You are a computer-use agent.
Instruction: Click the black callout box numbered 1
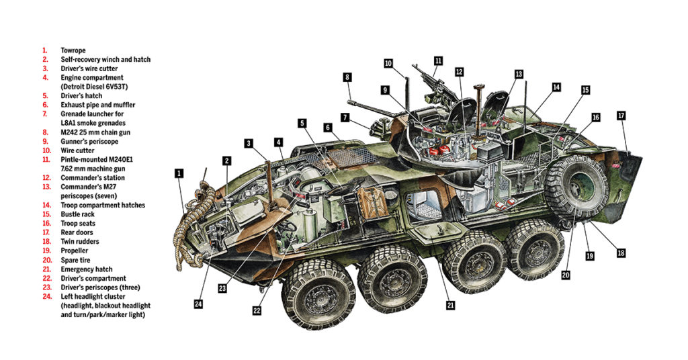coord(179,173)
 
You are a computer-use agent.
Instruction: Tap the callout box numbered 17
coord(621,116)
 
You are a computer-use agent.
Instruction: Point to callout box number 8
coord(347,77)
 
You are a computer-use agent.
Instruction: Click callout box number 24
coord(198,304)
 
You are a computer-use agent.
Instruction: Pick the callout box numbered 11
coord(437,60)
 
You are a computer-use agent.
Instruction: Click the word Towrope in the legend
coord(74,50)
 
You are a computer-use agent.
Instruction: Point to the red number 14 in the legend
coord(45,205)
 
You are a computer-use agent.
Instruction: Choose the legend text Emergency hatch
coord(87,269)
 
